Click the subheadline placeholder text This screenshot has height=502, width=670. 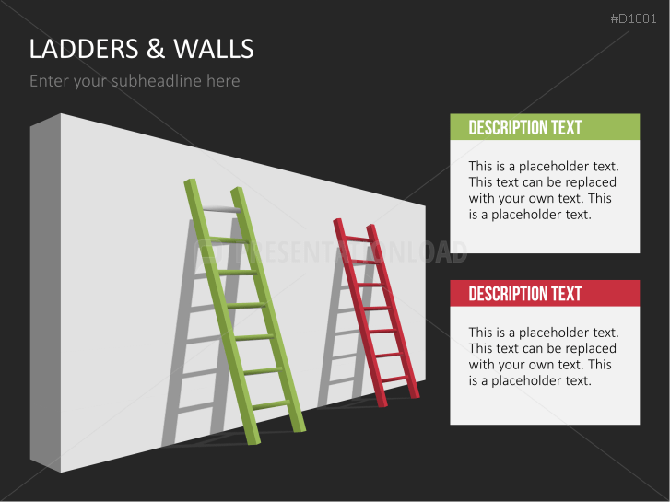(135, 81)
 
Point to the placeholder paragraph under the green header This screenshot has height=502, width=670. (543, 190)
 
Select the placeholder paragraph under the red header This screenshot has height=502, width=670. (543, 356)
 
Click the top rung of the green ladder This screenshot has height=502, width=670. (222, 210)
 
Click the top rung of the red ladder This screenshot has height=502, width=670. (356, 239)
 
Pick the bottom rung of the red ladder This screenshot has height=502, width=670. (394, 378)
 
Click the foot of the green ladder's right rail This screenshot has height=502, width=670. (299, 427)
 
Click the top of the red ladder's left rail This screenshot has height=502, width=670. (337, 222)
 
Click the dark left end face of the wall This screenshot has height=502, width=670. (44, 295)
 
